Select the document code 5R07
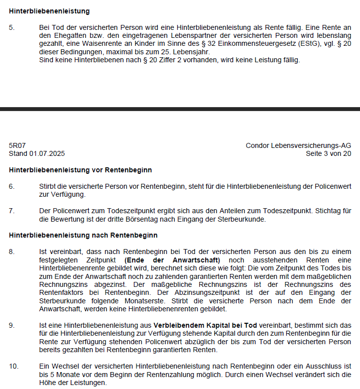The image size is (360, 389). click(x=17, y=145)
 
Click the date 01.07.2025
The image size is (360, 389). click(x=47, y=153)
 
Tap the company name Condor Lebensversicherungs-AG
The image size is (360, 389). click(x=298, y=145)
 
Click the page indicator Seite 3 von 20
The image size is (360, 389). click(x=328, y=153)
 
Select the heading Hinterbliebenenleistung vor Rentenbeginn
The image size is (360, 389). click(x=80, y=170)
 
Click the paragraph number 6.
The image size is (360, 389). click(x=11, y=186)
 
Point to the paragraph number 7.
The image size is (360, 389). click(x=11, y=211)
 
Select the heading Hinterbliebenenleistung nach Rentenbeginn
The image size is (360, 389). click(x=83, y=235)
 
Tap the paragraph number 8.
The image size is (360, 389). click(x=11, y=251)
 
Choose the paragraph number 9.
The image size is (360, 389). click(x=11, y=325)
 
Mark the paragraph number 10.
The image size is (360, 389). click(x=13, y=366)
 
